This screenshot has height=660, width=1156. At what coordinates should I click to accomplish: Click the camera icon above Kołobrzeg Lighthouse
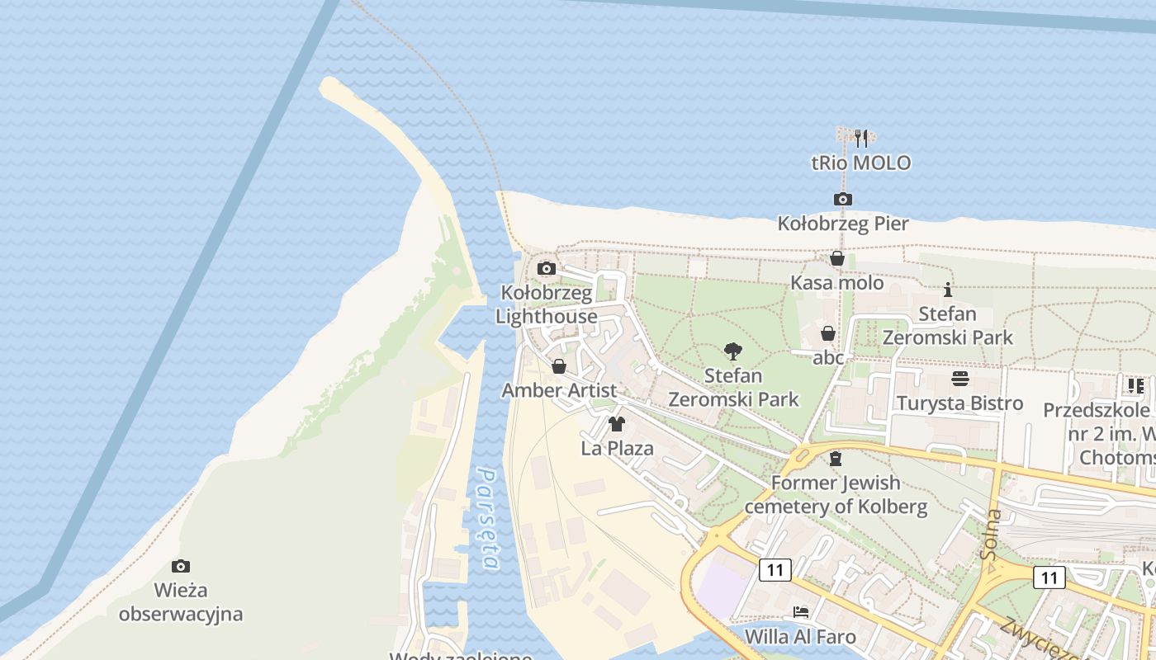pyautogui.click(x=546, y=268)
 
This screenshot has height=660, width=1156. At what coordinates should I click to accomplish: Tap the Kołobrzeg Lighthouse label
pyautogui.click(x=547, y=304)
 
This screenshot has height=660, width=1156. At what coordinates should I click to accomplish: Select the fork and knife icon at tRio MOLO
pyautogui.click(x=861, y=137)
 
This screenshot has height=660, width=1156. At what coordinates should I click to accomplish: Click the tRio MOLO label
pyautogui.click(x=861, y=163)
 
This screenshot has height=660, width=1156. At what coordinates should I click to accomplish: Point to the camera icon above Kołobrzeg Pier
pyautogui.click(x=842, y=199)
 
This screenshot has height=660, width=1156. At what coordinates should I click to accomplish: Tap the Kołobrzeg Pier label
pyautogui.click(x=843, y=224)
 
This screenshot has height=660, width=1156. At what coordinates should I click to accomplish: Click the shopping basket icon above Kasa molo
pyautogui.click(x=836, y=258)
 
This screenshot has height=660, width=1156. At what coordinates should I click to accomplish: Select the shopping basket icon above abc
pyautogui.click(x=827, y=333)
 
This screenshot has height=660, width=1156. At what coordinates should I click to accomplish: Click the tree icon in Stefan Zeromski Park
pyautogui.click(x=732, y=351)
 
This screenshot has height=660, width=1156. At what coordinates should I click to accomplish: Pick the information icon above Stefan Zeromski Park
pyautogui.click(x=948, y=290)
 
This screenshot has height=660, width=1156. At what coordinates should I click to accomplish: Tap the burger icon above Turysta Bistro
pyautogui.click(x=959, y=379)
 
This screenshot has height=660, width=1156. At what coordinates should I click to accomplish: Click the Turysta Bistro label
pyautogui.click(x=959, y=403)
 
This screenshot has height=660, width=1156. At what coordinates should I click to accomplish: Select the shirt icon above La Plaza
pyautogui.click(x=616, y=424)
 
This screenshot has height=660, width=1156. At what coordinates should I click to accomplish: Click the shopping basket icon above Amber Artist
pyautogui.click(x=559, y=366)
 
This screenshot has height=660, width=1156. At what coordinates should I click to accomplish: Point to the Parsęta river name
pyautogui.click(x=488, y=520)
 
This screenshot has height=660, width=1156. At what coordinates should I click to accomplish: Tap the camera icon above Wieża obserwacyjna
pyautogui.click(x=181, y=566)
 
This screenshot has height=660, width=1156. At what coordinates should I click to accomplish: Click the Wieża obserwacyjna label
pyautogui.click(x=181, y=602)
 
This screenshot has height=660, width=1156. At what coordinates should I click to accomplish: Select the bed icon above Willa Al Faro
pyautogui.click(x=800, y=612)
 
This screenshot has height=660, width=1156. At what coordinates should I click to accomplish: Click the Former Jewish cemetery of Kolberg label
pyautogui.click(x=836, y=494)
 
